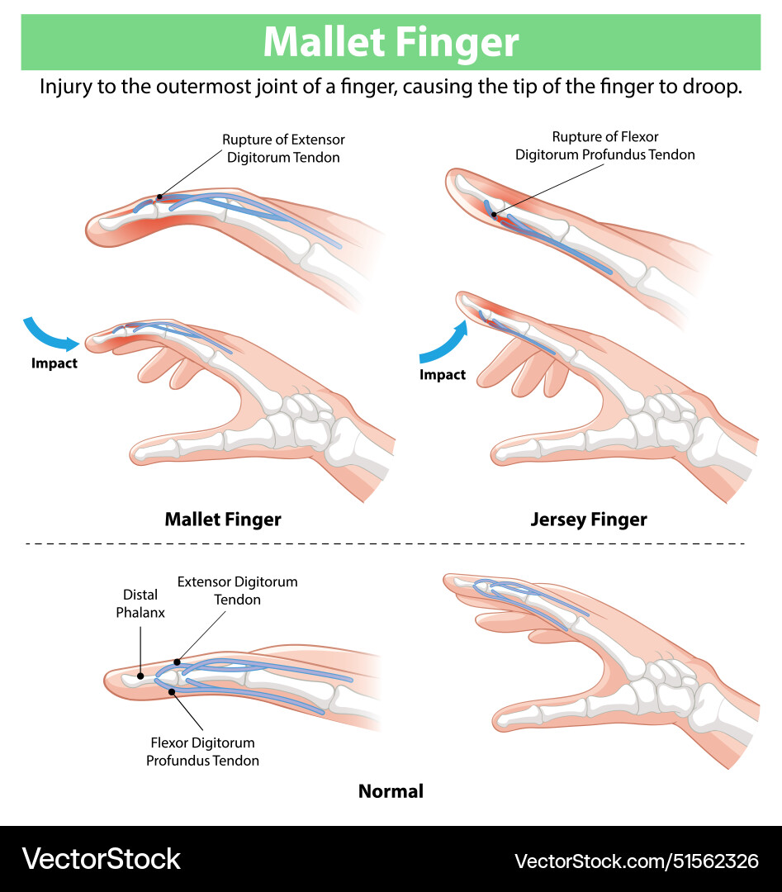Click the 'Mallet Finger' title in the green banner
391,42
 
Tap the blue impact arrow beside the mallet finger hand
50,331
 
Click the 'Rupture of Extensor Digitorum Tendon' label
283,149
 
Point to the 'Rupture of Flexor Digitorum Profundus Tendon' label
604,145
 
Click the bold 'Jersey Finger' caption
589,520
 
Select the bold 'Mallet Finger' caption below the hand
223,520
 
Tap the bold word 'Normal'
391,791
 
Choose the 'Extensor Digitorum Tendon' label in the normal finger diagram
238,591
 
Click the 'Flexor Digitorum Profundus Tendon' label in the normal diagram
203,752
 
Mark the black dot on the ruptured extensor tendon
159,197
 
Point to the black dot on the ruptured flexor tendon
494,215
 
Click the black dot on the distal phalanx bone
140,676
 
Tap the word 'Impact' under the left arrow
55,363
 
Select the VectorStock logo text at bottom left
101,859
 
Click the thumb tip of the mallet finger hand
140,453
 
